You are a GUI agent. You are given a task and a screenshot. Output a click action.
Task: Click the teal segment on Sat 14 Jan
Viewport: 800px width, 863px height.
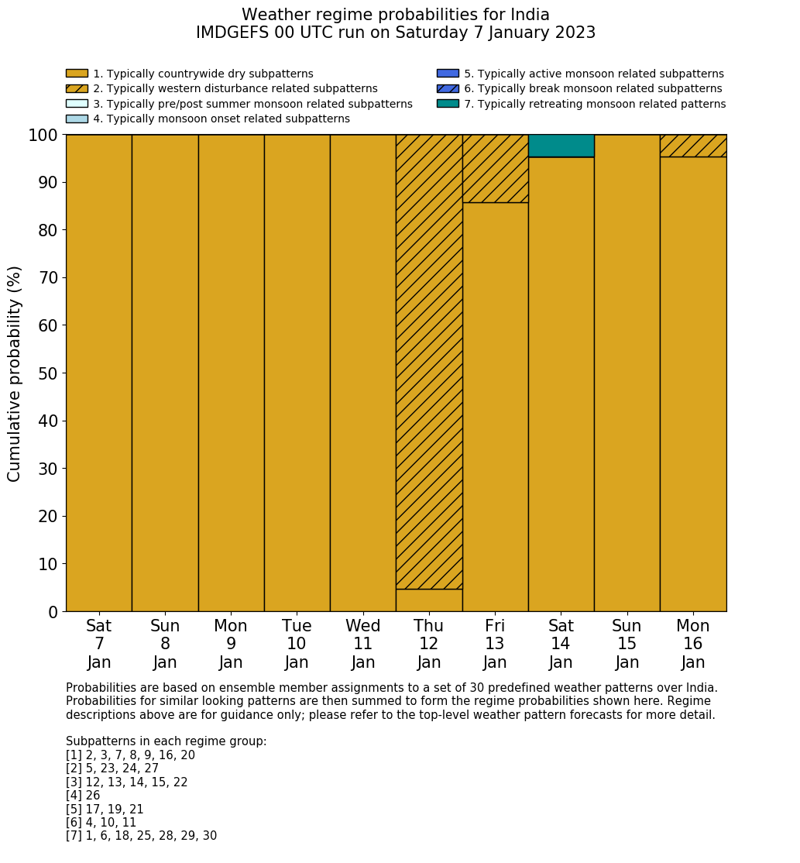561,146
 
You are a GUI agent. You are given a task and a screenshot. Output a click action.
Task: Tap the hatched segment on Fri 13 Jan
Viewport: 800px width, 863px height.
495,168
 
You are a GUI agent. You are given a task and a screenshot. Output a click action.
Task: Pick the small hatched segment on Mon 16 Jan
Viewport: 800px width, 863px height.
693,146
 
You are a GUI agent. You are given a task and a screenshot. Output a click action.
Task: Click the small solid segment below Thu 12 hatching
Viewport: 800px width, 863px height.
429,600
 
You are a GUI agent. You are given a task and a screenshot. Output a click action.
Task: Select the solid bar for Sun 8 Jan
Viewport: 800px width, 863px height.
165,373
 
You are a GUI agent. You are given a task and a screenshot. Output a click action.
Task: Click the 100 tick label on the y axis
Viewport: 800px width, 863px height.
43,136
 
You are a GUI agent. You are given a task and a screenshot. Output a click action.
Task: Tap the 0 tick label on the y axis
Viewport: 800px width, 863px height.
53,613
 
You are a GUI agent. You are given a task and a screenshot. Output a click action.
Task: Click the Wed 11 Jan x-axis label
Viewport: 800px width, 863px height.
363,644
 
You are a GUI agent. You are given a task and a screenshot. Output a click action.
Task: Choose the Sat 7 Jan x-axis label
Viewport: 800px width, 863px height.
99,644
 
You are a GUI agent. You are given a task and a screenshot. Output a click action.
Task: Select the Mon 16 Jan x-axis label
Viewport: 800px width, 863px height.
693,644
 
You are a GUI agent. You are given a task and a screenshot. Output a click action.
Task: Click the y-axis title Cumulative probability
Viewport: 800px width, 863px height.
15,373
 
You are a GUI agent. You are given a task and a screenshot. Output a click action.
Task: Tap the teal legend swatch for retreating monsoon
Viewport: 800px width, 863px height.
448,104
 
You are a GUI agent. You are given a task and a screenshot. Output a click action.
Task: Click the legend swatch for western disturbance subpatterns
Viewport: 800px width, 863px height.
77,89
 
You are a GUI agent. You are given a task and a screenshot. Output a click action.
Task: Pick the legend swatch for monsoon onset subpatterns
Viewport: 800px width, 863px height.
77,119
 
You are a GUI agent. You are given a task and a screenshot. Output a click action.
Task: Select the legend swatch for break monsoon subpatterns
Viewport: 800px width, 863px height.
448,89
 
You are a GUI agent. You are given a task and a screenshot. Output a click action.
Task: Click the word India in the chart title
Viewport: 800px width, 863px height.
529,15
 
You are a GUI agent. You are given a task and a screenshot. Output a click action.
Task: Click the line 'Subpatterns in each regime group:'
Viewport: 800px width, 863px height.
166,741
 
